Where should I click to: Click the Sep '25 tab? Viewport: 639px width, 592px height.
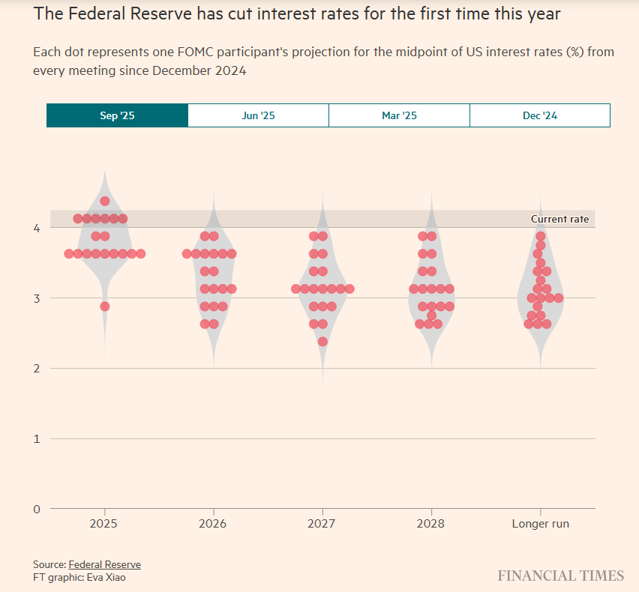117,115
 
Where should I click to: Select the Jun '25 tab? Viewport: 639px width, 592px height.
258,115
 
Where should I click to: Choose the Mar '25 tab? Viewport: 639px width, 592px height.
399,115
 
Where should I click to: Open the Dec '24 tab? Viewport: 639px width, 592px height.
540,115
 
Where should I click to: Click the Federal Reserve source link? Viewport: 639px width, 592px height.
104,564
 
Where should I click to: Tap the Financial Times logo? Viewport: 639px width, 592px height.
560,576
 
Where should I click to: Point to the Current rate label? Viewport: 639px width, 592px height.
559,220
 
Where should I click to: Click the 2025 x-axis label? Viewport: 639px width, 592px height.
104,524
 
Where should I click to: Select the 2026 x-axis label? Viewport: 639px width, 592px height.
213,524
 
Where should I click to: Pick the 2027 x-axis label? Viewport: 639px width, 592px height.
322,524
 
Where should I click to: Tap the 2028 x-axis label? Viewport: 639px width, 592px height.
430,524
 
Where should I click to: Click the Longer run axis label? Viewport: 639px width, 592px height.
540,524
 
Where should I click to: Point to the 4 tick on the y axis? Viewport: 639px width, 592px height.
36,228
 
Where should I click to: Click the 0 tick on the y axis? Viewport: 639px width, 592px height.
36,509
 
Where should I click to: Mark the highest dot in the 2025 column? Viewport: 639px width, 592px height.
105,201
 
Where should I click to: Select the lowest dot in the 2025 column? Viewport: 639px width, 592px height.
105,306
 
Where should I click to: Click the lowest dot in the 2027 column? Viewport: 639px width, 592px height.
322,342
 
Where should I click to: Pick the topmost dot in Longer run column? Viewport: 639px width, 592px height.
540,236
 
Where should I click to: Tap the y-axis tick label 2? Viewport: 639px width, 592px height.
36,369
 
